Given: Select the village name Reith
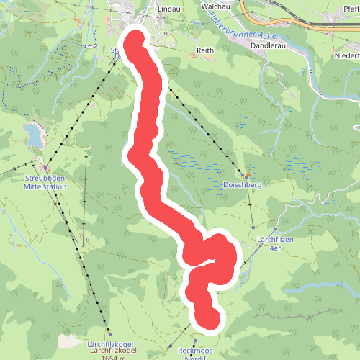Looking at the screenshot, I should coord(206,51).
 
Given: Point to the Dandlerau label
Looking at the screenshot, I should coord(268,44).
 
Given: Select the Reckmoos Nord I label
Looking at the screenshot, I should coord(195,351).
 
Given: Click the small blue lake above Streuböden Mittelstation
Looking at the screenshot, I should coord(32,132).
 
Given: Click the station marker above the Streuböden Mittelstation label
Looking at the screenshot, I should coord(40,167).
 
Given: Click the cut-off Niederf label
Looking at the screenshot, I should coord(345,55).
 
